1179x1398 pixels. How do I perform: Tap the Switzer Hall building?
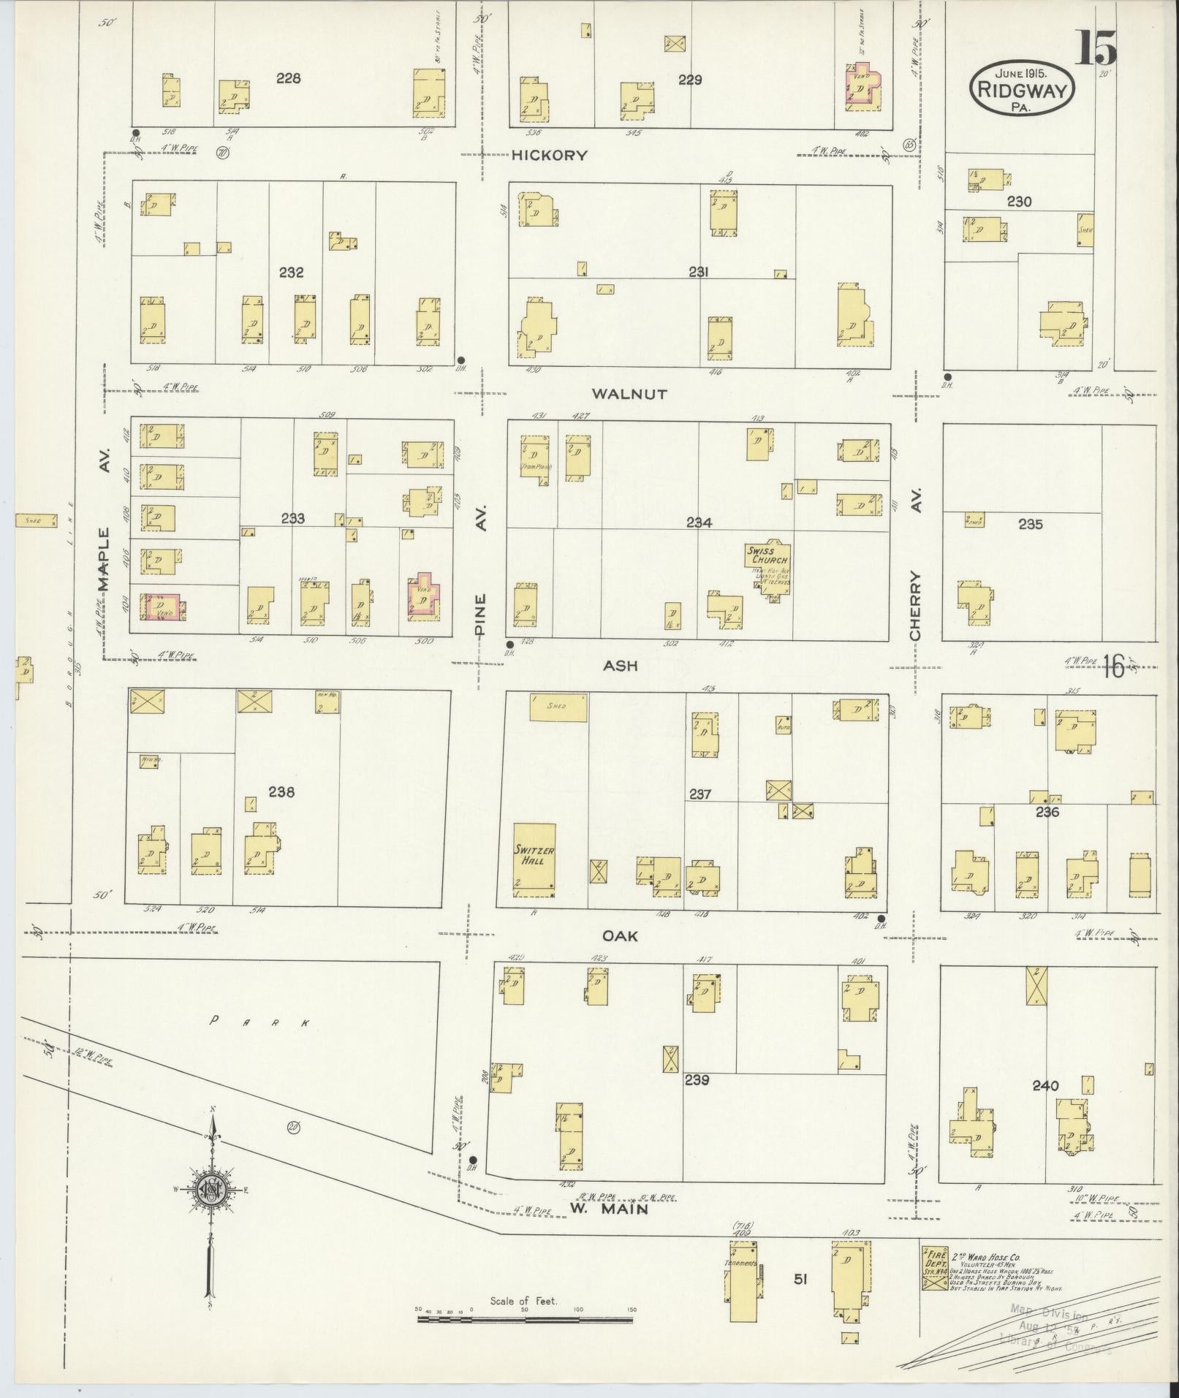click(534, 859)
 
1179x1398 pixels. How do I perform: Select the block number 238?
click(281, 791)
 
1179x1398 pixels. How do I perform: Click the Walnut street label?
click(629, 394)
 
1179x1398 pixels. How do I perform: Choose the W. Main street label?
click(609, 1209)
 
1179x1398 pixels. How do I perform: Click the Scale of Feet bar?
click(524, 1320)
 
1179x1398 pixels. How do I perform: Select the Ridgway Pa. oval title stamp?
click(1022, 89)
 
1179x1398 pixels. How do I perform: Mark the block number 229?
click(689, 80)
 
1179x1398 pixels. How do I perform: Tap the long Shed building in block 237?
click(558, 707)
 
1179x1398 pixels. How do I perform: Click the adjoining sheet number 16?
click(1113, 666)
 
